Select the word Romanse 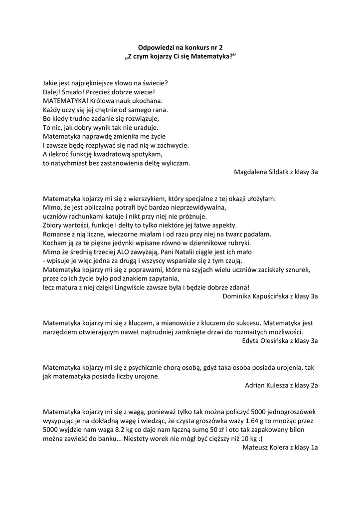(x=56, y=234)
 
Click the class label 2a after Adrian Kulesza (x=314, y=386)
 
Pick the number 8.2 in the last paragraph (x=125, y=430)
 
